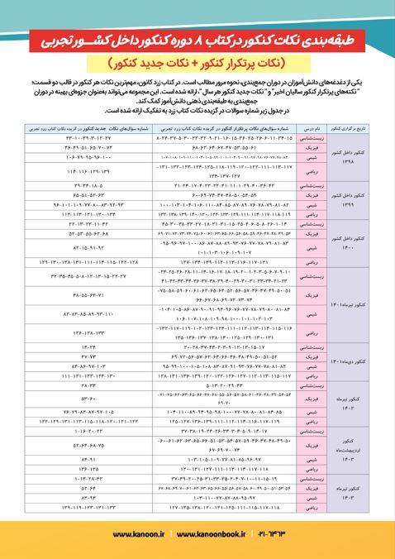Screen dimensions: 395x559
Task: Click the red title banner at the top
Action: point(197,39)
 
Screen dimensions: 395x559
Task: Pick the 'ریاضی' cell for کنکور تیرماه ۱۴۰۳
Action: point(326,504)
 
